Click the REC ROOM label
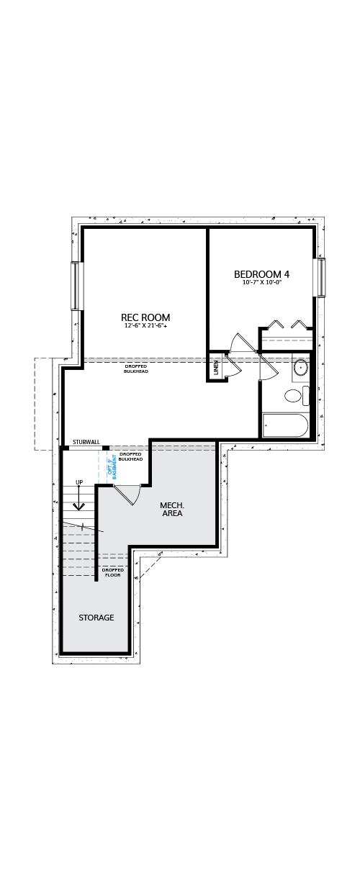145,317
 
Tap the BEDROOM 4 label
261,274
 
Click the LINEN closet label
216,367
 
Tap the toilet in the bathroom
297,396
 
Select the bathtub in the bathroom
285,425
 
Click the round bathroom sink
301,368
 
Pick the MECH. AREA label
172,509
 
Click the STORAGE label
96,618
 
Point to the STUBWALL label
86,442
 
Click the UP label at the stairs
79,482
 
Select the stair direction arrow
78,498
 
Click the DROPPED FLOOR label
113,572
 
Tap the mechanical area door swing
130,497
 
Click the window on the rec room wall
75,286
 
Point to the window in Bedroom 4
321,277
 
